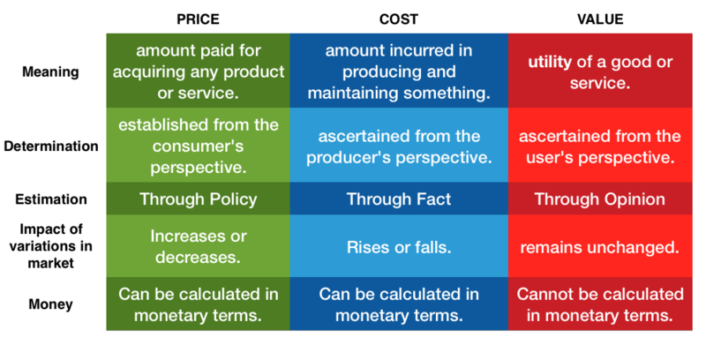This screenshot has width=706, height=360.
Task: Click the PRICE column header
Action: pos(198,19)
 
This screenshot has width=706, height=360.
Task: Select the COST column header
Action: pos(399,19)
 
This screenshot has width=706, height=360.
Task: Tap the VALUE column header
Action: pos(600,19)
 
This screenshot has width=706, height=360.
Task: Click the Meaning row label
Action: pos(50,72)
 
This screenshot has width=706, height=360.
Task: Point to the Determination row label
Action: pos(51,146)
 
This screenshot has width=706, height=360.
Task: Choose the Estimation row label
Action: pos(51,199)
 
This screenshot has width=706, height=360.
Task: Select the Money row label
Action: pos(50,304)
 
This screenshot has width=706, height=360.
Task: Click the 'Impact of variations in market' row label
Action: pos(50,246)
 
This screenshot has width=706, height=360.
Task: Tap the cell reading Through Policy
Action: pos(198,199)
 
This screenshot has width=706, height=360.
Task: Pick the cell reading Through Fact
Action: pos(399,199)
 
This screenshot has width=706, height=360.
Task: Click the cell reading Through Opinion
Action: pos(600,199)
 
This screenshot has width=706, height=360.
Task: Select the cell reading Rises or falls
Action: pos(399,247)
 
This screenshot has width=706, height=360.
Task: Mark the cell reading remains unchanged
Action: pos(600,247)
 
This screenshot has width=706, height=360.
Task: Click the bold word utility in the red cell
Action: pos(550,62)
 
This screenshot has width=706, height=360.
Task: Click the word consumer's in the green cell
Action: pos(198,146)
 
